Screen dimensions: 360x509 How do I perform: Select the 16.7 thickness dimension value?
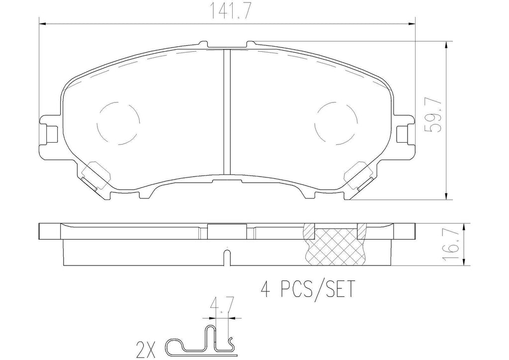click(x=451, y=245)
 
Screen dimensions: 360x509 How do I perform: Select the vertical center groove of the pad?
click(x=227, y=112)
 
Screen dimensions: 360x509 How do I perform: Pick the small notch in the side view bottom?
click(x=227, y=259)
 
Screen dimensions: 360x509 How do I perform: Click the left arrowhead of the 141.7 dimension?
click(x=43, y=23)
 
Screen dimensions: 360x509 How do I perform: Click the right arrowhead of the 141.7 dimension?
click(x=411, y=23)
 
